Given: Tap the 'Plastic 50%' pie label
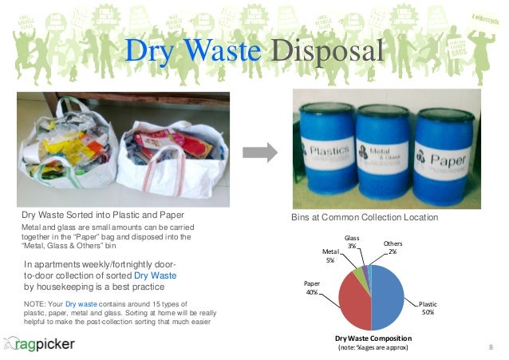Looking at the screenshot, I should pos(428,308).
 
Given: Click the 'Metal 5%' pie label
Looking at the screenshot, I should pos(330,255).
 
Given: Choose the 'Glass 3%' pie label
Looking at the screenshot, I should pos(351,242).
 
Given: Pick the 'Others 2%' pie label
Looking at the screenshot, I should pos(393,247).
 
